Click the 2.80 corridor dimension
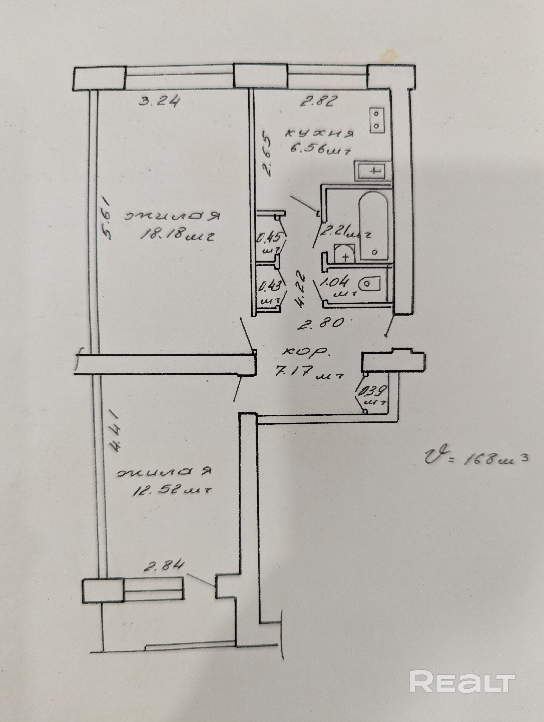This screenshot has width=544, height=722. coord(322,323)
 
